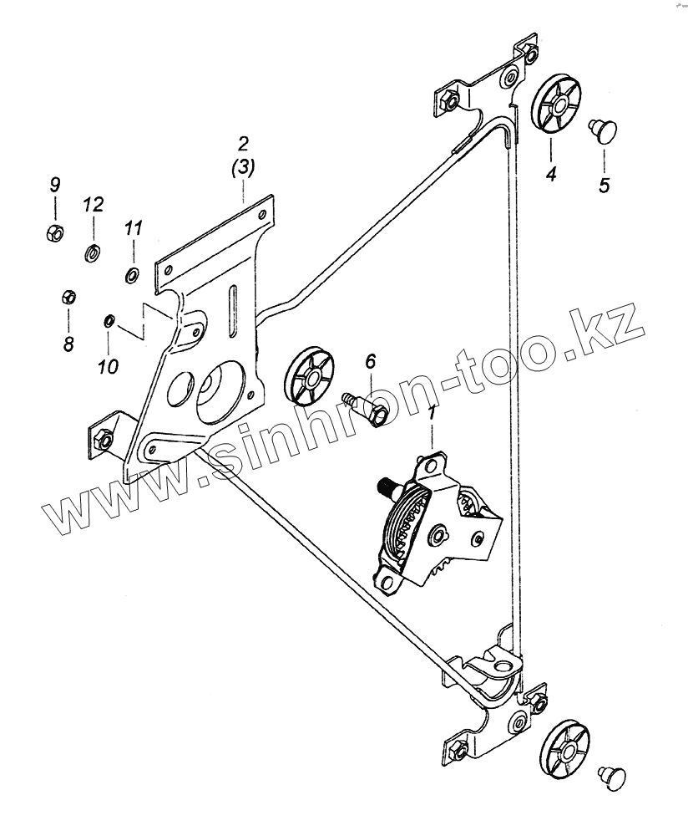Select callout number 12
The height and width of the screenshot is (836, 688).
click(x=93, y=205)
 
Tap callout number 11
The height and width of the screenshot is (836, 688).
click(x=134, y=227)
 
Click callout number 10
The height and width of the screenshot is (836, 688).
click(x=109, y=365)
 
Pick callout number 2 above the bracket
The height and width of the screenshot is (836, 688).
click(x=242, y=142)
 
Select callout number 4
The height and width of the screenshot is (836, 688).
click(x=550, y=175)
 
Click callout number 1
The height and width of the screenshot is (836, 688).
click(x=432, y=413)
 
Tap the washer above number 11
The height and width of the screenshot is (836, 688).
click(x=132, y=274)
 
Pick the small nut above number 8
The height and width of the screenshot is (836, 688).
click(x=69, y=297)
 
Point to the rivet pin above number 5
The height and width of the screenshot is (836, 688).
click(x=604, y=130)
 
